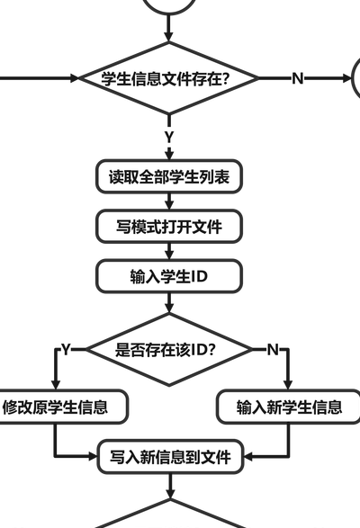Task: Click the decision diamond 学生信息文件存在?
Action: [169, 77]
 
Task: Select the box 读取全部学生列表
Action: [169, 176]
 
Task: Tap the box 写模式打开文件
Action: [169, 227]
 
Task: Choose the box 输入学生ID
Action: [169, 276]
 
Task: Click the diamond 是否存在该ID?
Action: [169, 349]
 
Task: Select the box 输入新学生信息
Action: [289, 407]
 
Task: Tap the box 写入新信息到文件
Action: [170, 457]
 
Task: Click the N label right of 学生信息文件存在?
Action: [298, 78]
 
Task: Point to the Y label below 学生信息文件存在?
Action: [169, 137]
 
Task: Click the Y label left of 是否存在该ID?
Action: [66, 350]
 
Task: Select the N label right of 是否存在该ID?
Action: [273, 350]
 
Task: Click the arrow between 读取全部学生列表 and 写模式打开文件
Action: [169, 201]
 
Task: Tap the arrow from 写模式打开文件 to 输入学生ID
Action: [169, 251]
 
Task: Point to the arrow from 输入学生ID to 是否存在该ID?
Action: [169, 303]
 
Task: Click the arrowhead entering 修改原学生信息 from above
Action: [56, 385]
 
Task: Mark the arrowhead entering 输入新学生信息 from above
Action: [287, 385]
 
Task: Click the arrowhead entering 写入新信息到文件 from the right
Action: [247, 457]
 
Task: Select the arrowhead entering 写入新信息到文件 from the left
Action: [93, 457]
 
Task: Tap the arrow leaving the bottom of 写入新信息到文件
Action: [170, 487]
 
